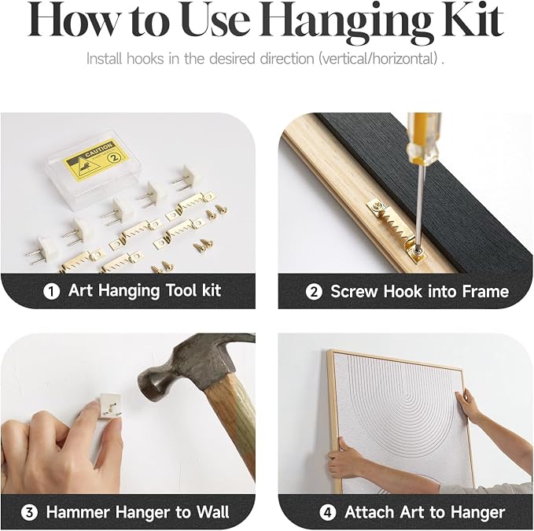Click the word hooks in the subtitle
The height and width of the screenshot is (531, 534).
[145, 58]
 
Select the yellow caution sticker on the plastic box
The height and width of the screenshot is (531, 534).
[97, 160]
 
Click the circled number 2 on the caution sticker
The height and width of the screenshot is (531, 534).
[114, 157]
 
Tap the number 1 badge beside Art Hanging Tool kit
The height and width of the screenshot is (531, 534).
[52, 292]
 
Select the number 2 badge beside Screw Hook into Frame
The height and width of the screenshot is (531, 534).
[314, 292]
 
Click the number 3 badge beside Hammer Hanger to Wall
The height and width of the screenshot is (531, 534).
[29, 513]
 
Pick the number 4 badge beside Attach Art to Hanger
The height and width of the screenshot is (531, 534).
[328, 513]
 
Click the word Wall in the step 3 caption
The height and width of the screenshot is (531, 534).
[213, 512]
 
